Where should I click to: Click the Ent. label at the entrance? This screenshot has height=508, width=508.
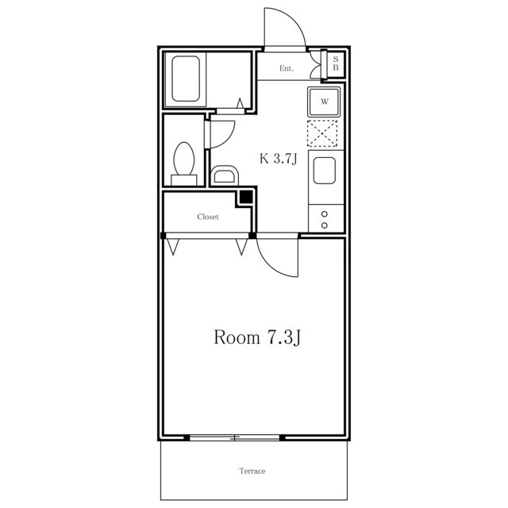(287, 68)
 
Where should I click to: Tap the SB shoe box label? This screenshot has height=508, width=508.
(336, 63)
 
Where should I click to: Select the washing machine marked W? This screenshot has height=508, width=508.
(324, 102)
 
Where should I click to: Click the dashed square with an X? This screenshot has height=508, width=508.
(322, 133)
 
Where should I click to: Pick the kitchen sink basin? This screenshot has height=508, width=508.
(324, 171)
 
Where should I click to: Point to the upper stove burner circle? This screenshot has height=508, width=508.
(325, 214)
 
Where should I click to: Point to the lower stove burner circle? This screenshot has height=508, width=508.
(325, 225)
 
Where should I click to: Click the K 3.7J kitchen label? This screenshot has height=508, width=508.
(279, 159)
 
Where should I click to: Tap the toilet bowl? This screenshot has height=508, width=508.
(184, 159)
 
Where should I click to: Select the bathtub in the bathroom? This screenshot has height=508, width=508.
(186, 79)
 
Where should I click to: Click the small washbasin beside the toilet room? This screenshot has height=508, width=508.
(225, 175)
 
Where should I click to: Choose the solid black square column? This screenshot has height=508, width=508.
(246, 197)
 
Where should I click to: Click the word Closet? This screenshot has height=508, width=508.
(208, 217)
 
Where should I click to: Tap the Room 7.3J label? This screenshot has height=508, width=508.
(257, 337)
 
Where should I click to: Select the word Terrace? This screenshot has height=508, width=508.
(252, 471)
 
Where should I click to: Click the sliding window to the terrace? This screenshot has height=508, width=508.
(235, 437)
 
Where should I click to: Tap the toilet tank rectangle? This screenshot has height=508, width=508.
(183, 180)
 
